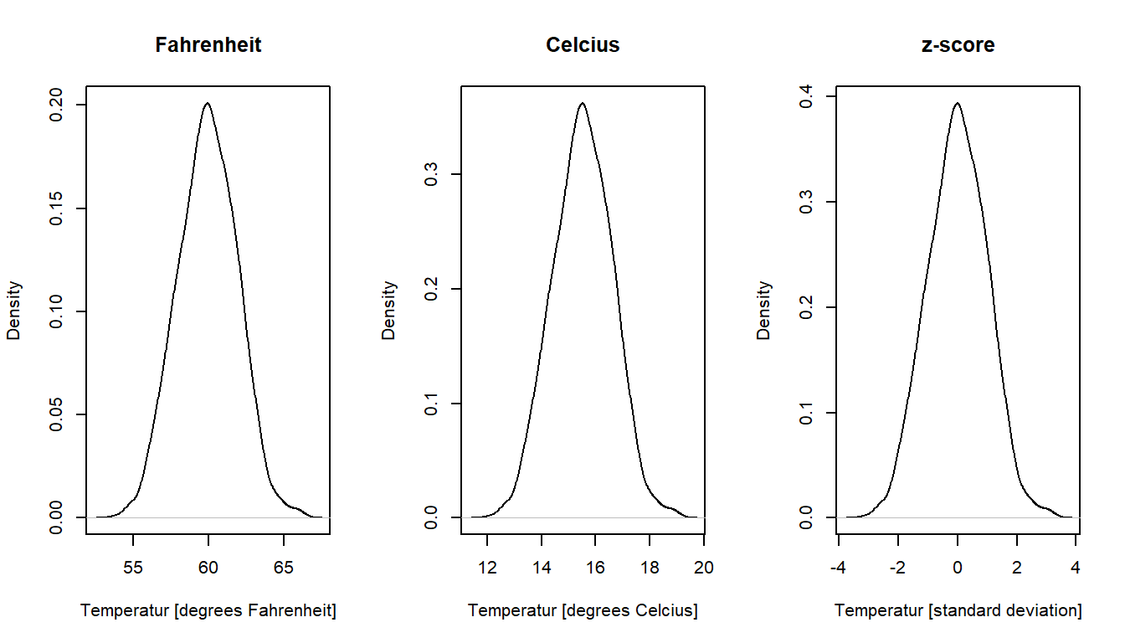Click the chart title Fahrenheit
[208, 45]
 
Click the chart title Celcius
[583, 45]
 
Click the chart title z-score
[958, 45]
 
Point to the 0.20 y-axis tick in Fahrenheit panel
[56, 105]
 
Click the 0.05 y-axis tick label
[56, 414]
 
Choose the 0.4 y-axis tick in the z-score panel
[806, 97]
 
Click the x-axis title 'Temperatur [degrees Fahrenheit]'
[208, 611]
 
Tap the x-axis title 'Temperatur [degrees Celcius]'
[583, 611]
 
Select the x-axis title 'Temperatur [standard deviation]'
[958, 611]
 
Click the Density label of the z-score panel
[763, 310]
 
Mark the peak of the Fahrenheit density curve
[207, 103]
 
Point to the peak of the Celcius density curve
[582, 103]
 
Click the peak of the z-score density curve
[957, 103]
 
